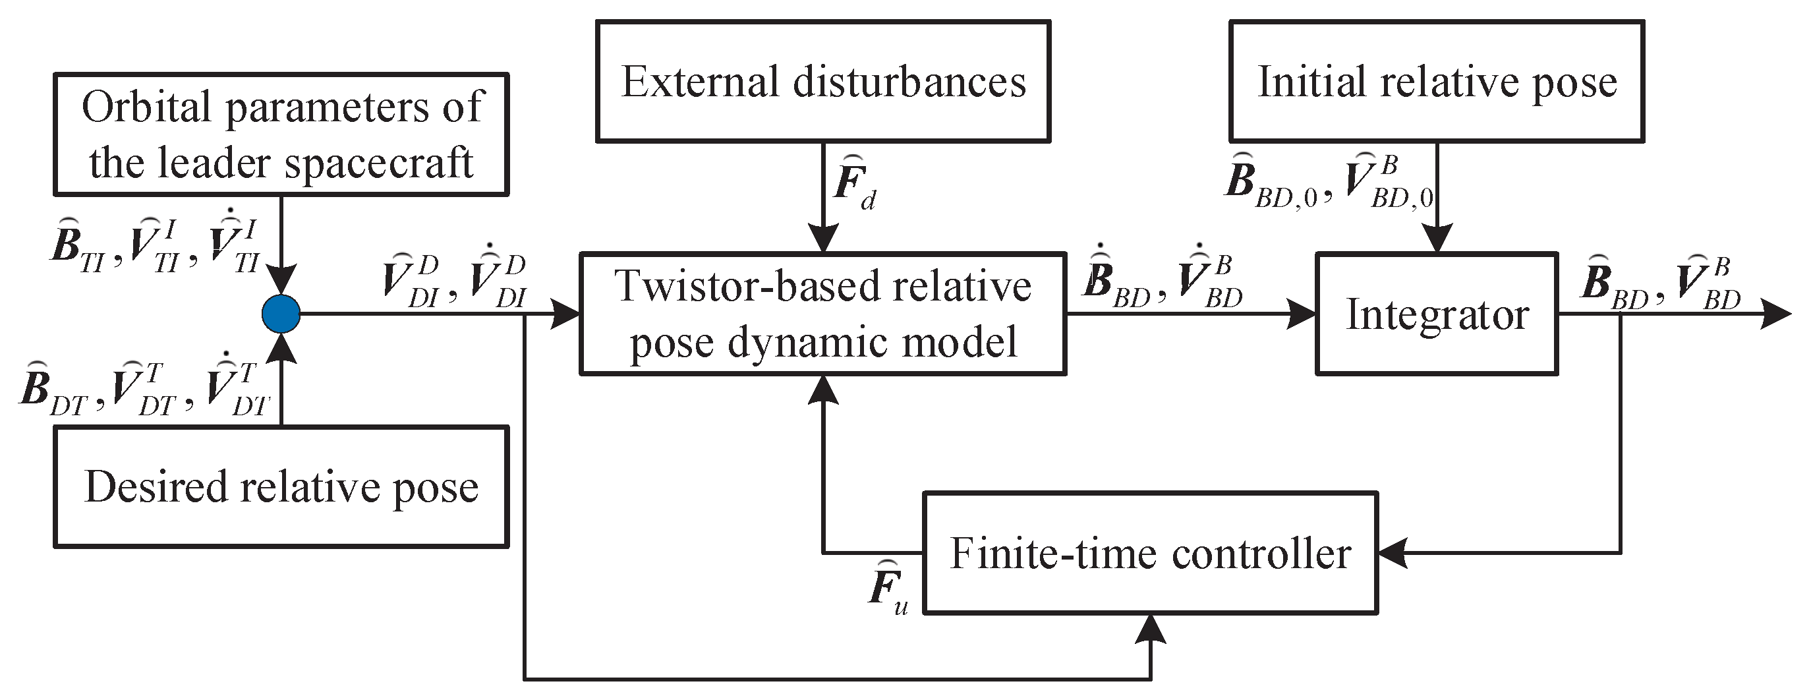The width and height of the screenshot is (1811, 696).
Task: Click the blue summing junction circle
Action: [x=281, y=314]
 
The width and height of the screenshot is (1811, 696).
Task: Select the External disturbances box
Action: [x=822, y=82]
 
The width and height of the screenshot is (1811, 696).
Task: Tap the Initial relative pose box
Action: [x=1436, y=82]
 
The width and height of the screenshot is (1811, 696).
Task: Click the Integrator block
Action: [x=1436, y=314]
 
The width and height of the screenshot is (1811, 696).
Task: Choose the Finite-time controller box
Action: [x=1149, y=553]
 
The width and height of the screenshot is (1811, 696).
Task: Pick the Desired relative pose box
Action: [x=281, y=486]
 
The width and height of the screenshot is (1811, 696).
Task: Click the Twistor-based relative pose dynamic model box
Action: [x=822, y=314]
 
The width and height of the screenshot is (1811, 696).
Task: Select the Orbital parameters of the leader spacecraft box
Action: [x=281, y=134]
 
